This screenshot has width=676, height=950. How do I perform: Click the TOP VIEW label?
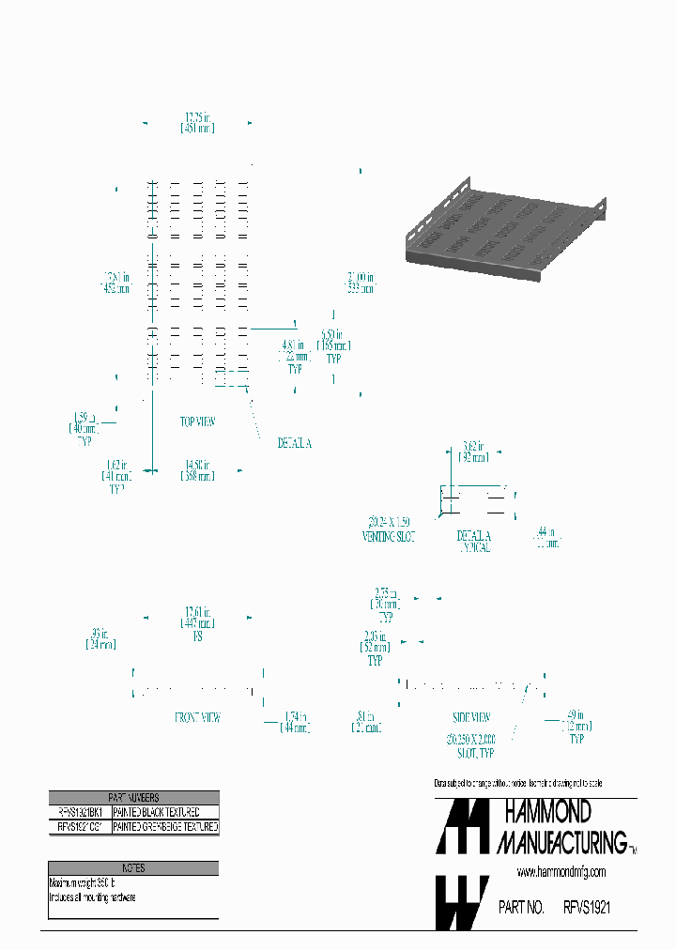[x=197, y=422]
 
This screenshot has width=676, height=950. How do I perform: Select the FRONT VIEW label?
[x=197, y=717]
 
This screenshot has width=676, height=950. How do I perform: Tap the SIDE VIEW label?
[x=472, y=717]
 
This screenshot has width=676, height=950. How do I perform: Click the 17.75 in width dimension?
[x=197, y=122]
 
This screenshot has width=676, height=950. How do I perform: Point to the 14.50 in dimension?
[x=197, y=470]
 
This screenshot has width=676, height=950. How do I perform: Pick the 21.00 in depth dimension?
[x=360, y=283]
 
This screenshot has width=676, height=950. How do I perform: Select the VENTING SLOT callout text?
[x=389, y=536]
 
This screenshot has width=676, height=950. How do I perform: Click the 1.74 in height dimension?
[x=293, y=722]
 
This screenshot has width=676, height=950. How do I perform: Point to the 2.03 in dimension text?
[x=375, y=642]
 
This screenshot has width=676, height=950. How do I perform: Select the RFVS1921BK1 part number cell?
[x=80, y=812]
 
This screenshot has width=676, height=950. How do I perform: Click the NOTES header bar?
[x=133, y=868]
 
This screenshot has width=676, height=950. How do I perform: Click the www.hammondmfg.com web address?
[x=561, y=872]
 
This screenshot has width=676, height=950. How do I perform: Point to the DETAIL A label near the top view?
[x=293, y=443]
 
